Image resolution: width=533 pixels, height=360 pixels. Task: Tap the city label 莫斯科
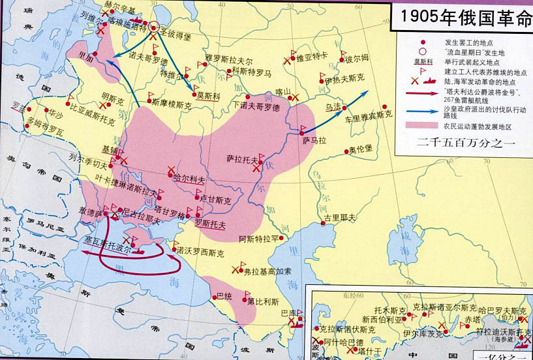tap(207, 95)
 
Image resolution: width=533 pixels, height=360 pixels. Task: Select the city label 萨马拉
tap(313, 139)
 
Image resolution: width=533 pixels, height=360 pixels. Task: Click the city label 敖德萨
tap(91, 212)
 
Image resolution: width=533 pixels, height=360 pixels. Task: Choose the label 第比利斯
tap(263, 302)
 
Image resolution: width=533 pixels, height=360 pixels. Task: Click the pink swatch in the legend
tap(424, 125)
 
